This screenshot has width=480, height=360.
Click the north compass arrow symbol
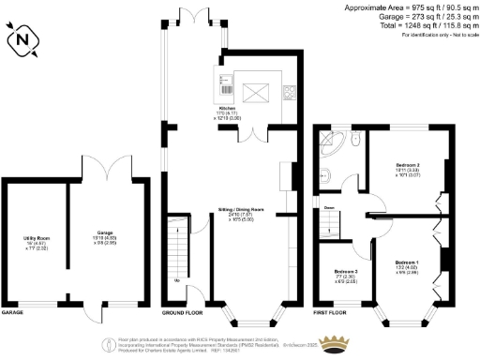(22, 38)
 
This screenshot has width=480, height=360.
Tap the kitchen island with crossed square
(256, 92)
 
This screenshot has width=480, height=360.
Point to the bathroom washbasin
(322, 172)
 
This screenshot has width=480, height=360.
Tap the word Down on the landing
(330, 207)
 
